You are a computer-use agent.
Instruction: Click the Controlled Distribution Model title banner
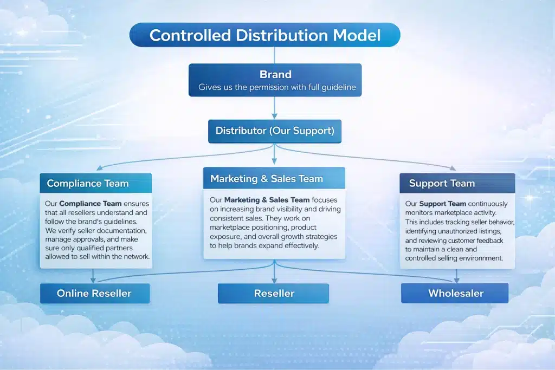click(x=264, y=35)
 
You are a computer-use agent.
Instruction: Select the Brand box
click(x=275, y=80)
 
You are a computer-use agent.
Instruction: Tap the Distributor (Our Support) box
click(x=275, y=131)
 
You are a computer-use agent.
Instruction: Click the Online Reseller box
click(x=94, y=294)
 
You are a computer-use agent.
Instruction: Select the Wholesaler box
click(x=455, y=294)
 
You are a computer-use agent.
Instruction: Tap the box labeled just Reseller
click(x=274, y=294)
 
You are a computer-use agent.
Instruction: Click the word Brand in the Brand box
click(x=275, y=75)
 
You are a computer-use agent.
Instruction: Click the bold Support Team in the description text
click(x=443, y=204)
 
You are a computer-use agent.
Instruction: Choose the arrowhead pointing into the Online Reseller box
click(x=93, y=280)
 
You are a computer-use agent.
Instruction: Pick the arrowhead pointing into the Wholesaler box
click(x=456, y=280)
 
